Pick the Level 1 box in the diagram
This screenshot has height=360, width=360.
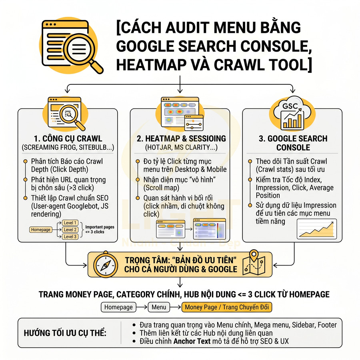(x=70, y=223)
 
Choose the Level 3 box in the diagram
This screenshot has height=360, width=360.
(x=70, y=237)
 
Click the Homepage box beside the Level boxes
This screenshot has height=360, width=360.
(x=40, y=230)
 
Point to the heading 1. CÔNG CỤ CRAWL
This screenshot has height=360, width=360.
(x=67, y=139)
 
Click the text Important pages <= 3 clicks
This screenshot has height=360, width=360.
(x=100, y=229)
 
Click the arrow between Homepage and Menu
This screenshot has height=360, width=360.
(x=142, y=307)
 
